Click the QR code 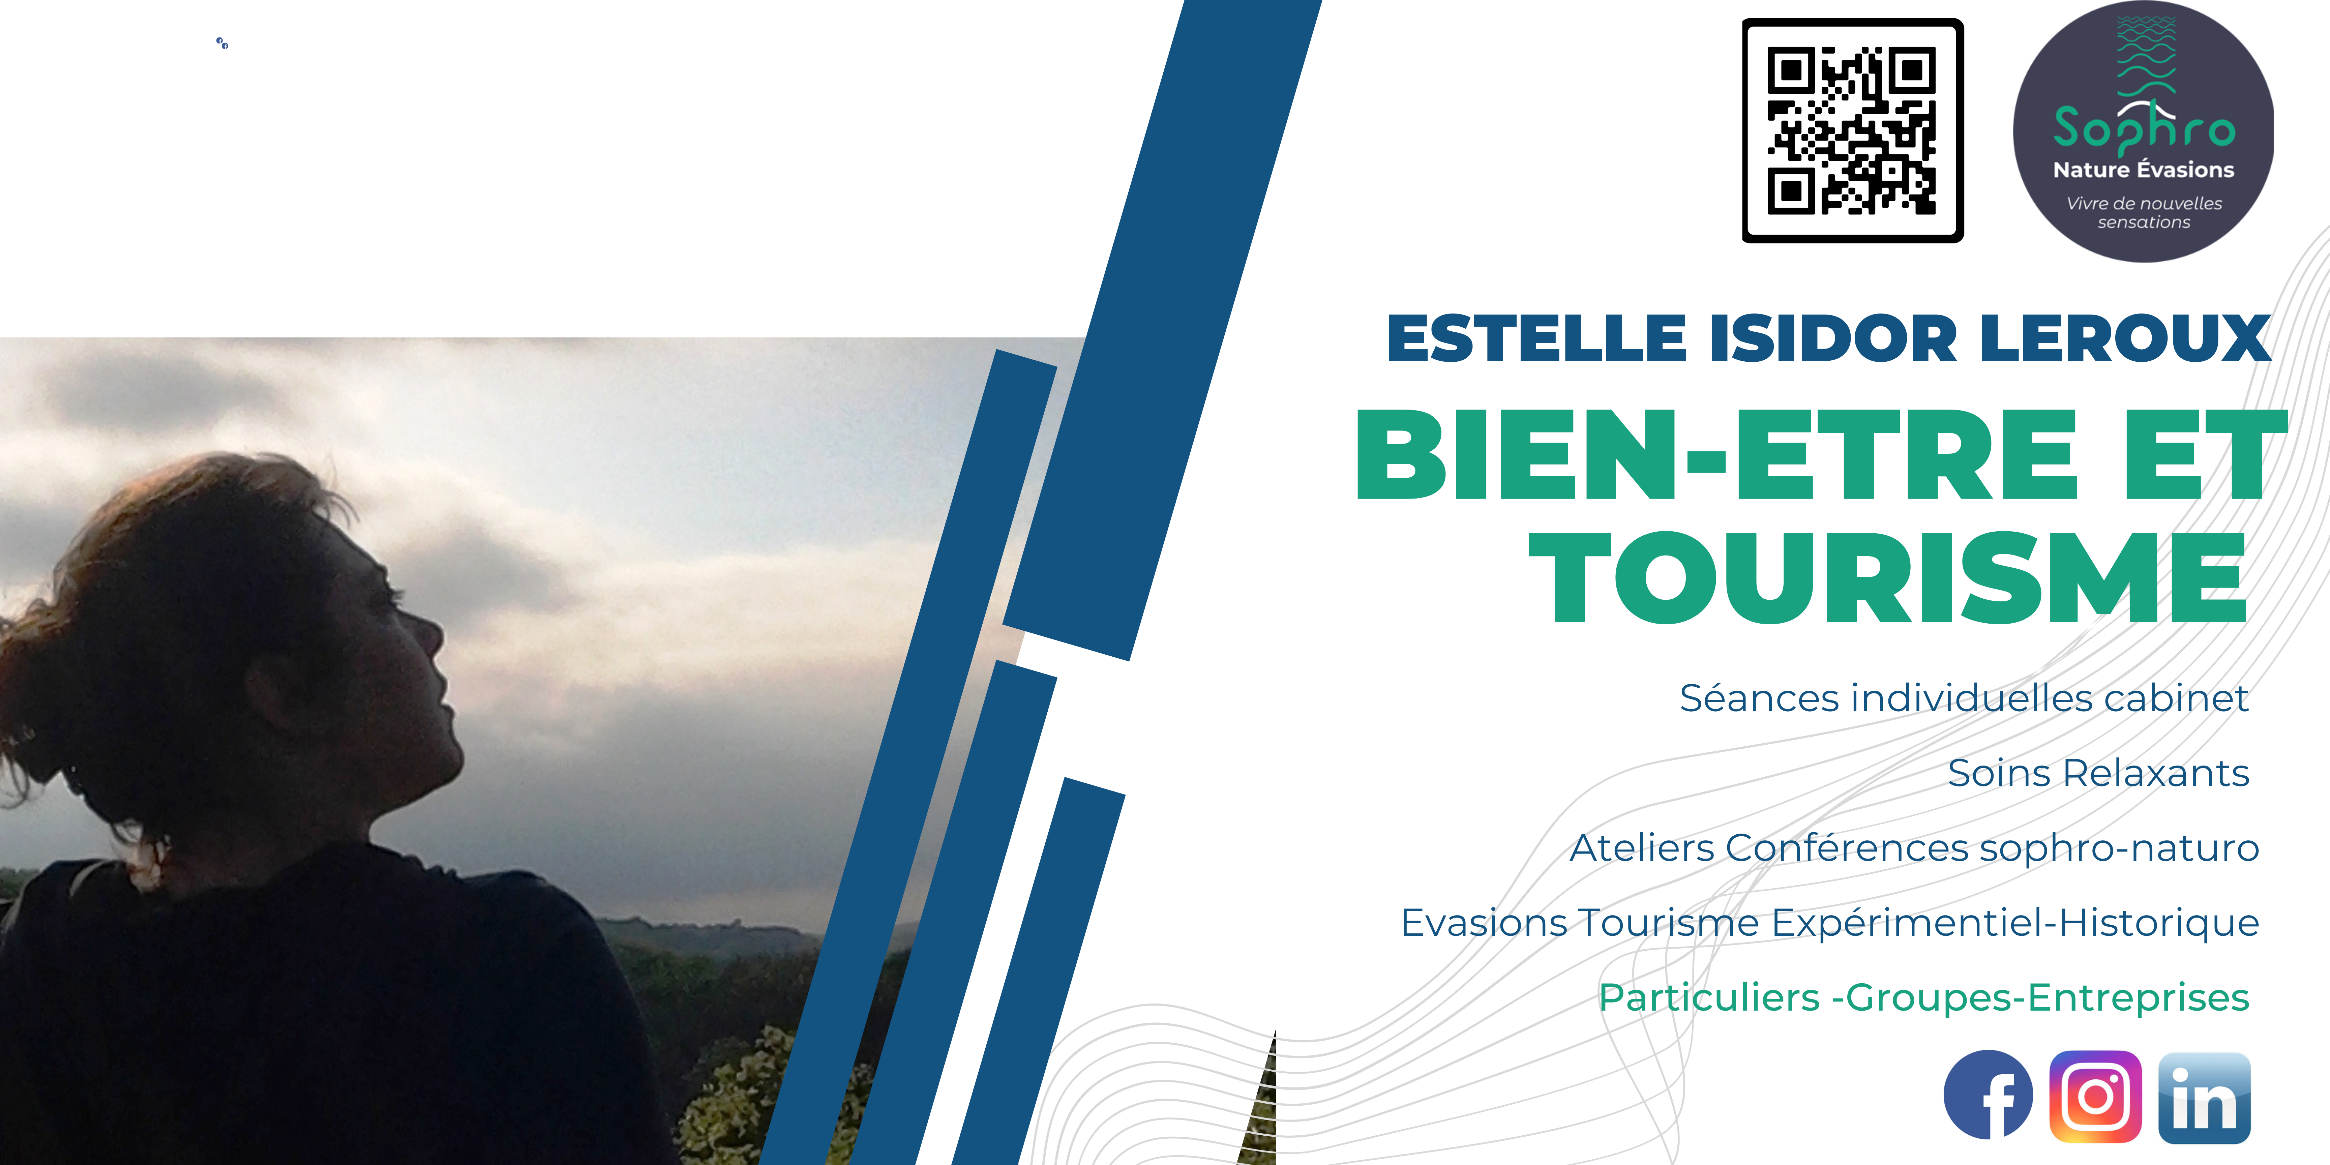pyautogui.click(x=1852, y=130)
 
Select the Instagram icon pyautogui.click(x=2096, y=1096)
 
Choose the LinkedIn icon pyautogui.click(x=2204, y=1097)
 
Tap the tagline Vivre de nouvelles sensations pyautogui.click(x=2144, y=213)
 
